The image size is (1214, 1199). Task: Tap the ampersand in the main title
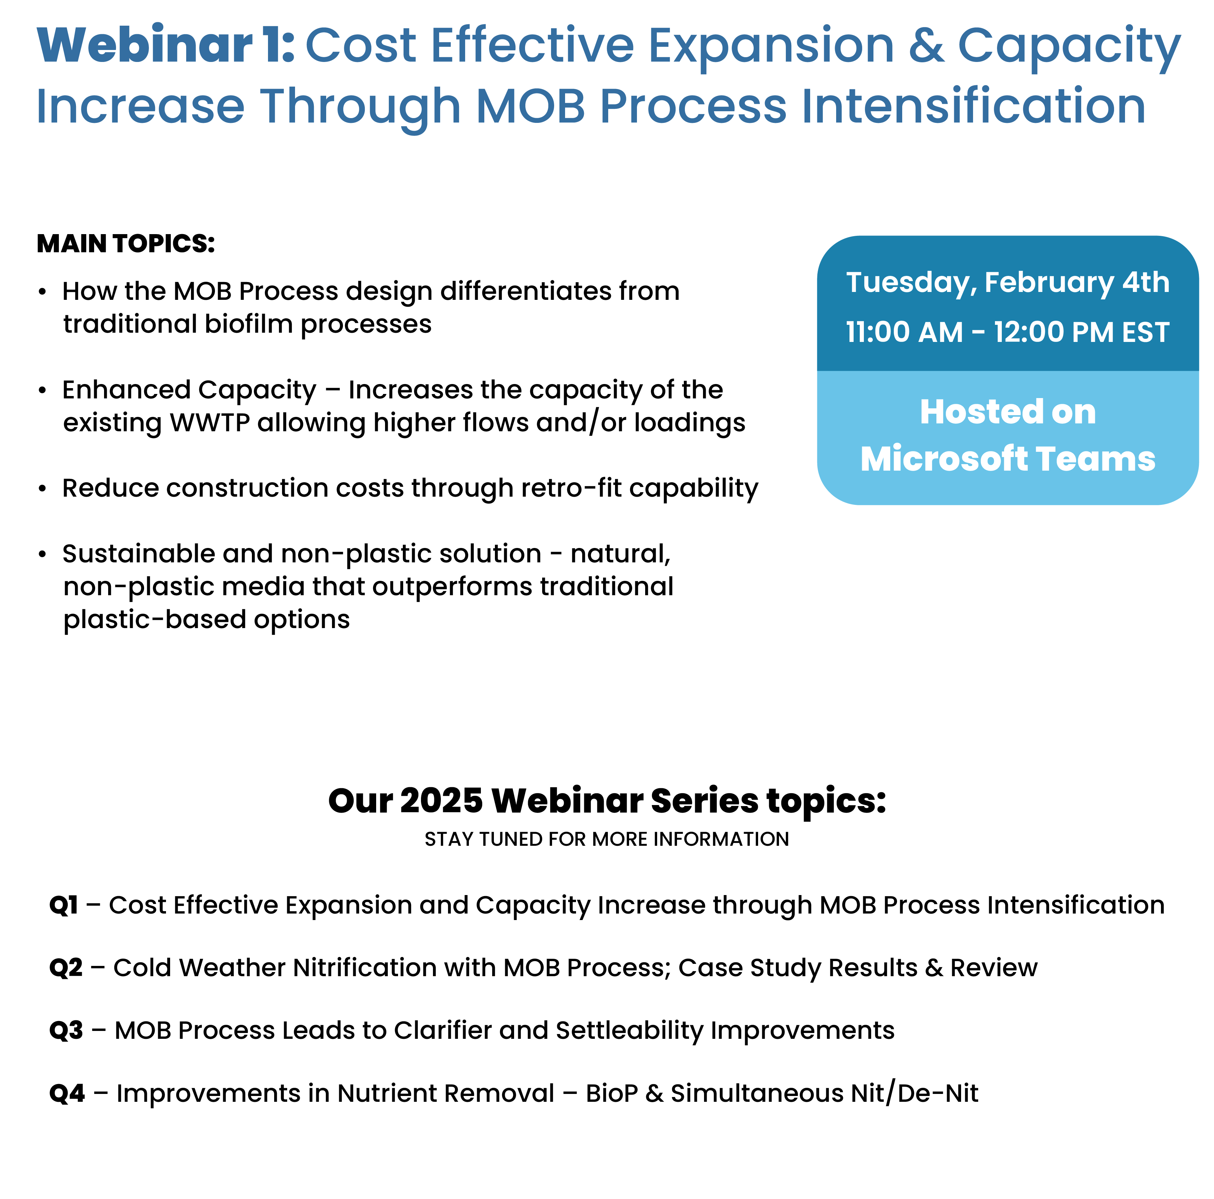[x=926, y=45]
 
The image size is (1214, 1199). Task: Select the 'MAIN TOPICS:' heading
[x=126, y=244]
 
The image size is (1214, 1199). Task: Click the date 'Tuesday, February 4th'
[x=1007, y=283]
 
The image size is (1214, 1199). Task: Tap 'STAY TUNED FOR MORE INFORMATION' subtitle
[x=606, y=840]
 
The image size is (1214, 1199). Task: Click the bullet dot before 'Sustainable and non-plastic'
[x=42, y=554]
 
